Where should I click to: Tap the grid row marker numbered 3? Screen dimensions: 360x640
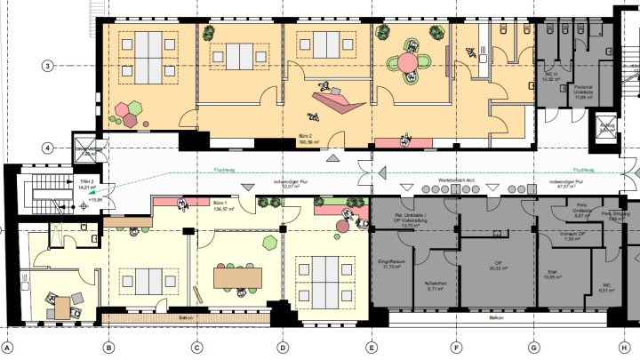click(x=47, y=65)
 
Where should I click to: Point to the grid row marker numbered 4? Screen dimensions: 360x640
click(x=47, y=148)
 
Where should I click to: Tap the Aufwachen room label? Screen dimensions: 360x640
click(x=436, y=286)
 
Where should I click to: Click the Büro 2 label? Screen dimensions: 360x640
click(x=310, y=140)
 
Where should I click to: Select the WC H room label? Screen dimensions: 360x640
click(x=550, y=77)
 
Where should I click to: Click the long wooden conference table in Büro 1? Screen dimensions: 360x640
click(x=239, y=277)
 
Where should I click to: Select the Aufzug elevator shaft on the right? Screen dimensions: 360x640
click(x=608, y=128)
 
